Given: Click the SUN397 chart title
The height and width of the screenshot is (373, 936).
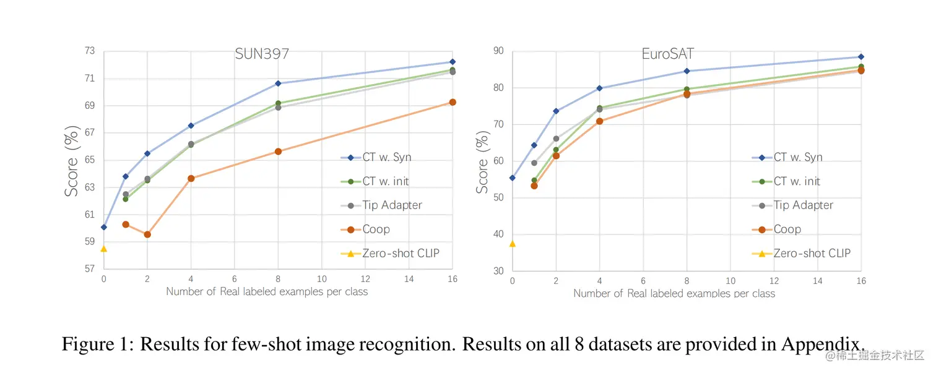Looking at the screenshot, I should click(262, 54).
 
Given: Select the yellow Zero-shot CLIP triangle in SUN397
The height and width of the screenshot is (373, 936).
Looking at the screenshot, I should click(103, 249).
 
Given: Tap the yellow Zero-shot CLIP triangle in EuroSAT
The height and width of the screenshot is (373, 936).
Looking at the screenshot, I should click(512, 244).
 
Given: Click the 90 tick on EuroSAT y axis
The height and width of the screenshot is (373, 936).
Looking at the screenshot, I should click(498, 51).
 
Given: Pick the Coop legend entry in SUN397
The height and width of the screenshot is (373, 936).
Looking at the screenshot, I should click(376, 229).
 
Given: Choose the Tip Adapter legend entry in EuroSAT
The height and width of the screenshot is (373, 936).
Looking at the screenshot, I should click(803, 205).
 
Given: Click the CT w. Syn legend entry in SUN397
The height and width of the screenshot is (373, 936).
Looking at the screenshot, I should click(386, 157).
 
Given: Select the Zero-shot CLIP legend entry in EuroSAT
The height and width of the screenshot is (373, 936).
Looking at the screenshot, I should click(812, 254).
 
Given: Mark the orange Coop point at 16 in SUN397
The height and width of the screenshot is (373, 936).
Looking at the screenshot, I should click(453, 102).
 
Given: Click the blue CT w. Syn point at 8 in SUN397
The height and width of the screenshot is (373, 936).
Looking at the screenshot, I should click(278, 83).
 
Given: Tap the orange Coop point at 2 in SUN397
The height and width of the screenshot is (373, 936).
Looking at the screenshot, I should click(147, 234).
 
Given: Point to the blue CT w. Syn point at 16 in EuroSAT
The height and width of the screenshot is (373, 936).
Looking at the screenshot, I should click(861, 57).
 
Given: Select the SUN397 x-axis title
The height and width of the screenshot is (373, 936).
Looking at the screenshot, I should click(267, 291).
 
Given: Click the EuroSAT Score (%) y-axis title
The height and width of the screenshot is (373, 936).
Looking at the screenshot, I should click(483, 165).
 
